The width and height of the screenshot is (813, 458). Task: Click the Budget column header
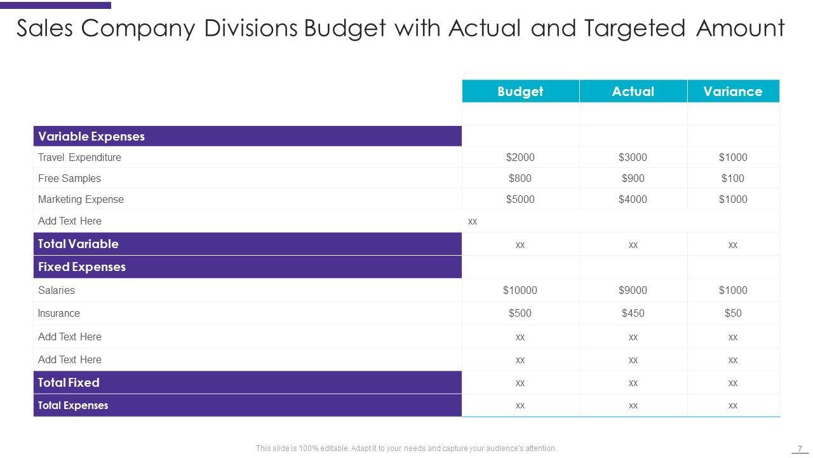pyautogui.click(x=520, y=92)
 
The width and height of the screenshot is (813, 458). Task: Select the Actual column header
pyautogui.click(x=633, y=92)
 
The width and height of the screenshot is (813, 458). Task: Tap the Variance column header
pyautogui.click(x=732, y=92)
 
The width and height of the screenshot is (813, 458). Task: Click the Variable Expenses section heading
pyautogui.click(x=91, y=136)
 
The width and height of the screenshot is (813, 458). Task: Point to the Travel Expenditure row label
pyautogui.click(x=79, y=157)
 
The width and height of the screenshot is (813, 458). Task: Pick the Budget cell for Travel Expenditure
pyautogui.click(x=520, y=157)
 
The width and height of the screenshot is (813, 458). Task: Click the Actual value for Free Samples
pyautogui.click(x=633, y=178)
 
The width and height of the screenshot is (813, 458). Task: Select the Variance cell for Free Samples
pyautogui.click(x=732, y=178)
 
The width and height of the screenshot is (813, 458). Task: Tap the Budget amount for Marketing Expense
pyautogui.click(x=520, y=199)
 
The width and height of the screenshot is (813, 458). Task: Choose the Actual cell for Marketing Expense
pyautogui.click(x=633, y=199)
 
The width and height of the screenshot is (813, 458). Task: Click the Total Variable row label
pyautogui.click(x=78, y=244)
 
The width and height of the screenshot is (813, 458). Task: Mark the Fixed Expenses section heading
pyautogui.click(x=82, y=267)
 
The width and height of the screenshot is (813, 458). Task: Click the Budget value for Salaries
pyautogui.click(x=520, y=290)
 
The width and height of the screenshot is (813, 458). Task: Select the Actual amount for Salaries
pyautogui.click(x=633, y=290)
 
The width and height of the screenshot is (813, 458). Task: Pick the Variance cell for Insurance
pyautogui.click(x=732, y=313)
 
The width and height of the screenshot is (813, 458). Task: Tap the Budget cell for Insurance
pyautogui.click(x=520, y=313)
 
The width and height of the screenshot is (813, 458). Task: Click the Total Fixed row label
pyautogui.click(x=69, y=382)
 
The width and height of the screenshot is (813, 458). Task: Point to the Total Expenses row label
pyautogui.click(x=73, y=405)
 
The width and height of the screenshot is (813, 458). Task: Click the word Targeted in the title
pyautogui.click(x=635, y=29)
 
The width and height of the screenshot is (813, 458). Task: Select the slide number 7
pyautogui.click(x=800, y=448)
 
